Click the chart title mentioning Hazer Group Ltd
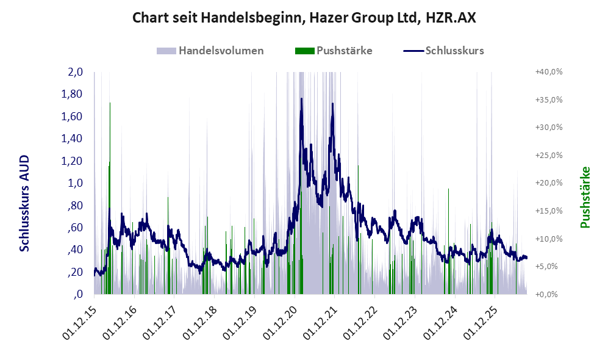304,18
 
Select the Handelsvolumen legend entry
210,51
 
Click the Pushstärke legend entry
334,51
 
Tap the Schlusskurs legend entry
443,51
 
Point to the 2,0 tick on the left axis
76,72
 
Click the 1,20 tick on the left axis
72,160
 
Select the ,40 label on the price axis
75,250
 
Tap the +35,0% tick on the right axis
549,99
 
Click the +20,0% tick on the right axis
549,182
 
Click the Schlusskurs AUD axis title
24,203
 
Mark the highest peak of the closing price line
301,99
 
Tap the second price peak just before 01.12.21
333,104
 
